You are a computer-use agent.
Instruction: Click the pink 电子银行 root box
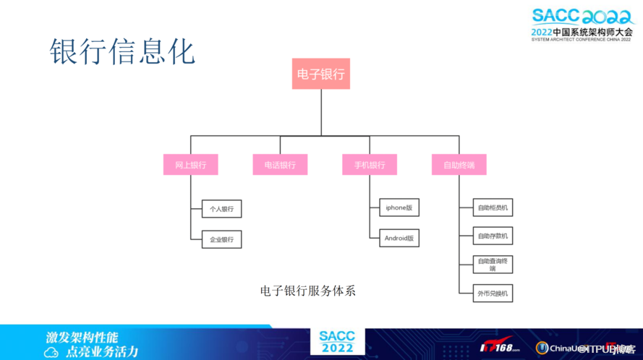point(320,74)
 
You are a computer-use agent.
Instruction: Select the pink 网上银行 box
point(191,165)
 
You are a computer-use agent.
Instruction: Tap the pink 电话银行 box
point(280,165)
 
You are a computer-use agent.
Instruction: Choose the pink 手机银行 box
point(369,165)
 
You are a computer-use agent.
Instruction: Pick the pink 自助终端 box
point(459,165)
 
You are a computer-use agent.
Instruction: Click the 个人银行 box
point(221,209)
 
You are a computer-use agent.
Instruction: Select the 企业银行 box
point(221,239)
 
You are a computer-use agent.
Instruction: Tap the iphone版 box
point(399,207)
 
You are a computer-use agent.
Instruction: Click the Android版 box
point(399,238)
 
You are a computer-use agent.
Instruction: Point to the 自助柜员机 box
point(493,208)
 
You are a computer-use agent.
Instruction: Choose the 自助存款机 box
point(493,236)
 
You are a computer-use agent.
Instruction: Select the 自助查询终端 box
point(493,264)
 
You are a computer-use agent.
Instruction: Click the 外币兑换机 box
point(493,293)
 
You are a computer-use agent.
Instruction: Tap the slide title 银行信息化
point(122,53)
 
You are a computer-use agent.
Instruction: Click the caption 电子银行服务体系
point(307,291)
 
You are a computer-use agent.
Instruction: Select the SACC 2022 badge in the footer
point(337,342)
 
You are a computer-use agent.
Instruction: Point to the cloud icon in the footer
point(51,352)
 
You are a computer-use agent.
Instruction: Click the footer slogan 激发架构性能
point(81,337)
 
